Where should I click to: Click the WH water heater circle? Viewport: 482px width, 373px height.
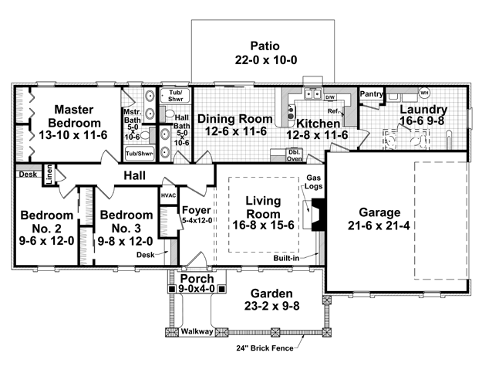pos(423,93)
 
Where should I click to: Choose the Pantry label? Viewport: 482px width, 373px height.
pos(372,93)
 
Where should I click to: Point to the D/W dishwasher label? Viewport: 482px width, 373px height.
pos(329,97)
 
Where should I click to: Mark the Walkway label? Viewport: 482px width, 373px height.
pos(197,332)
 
